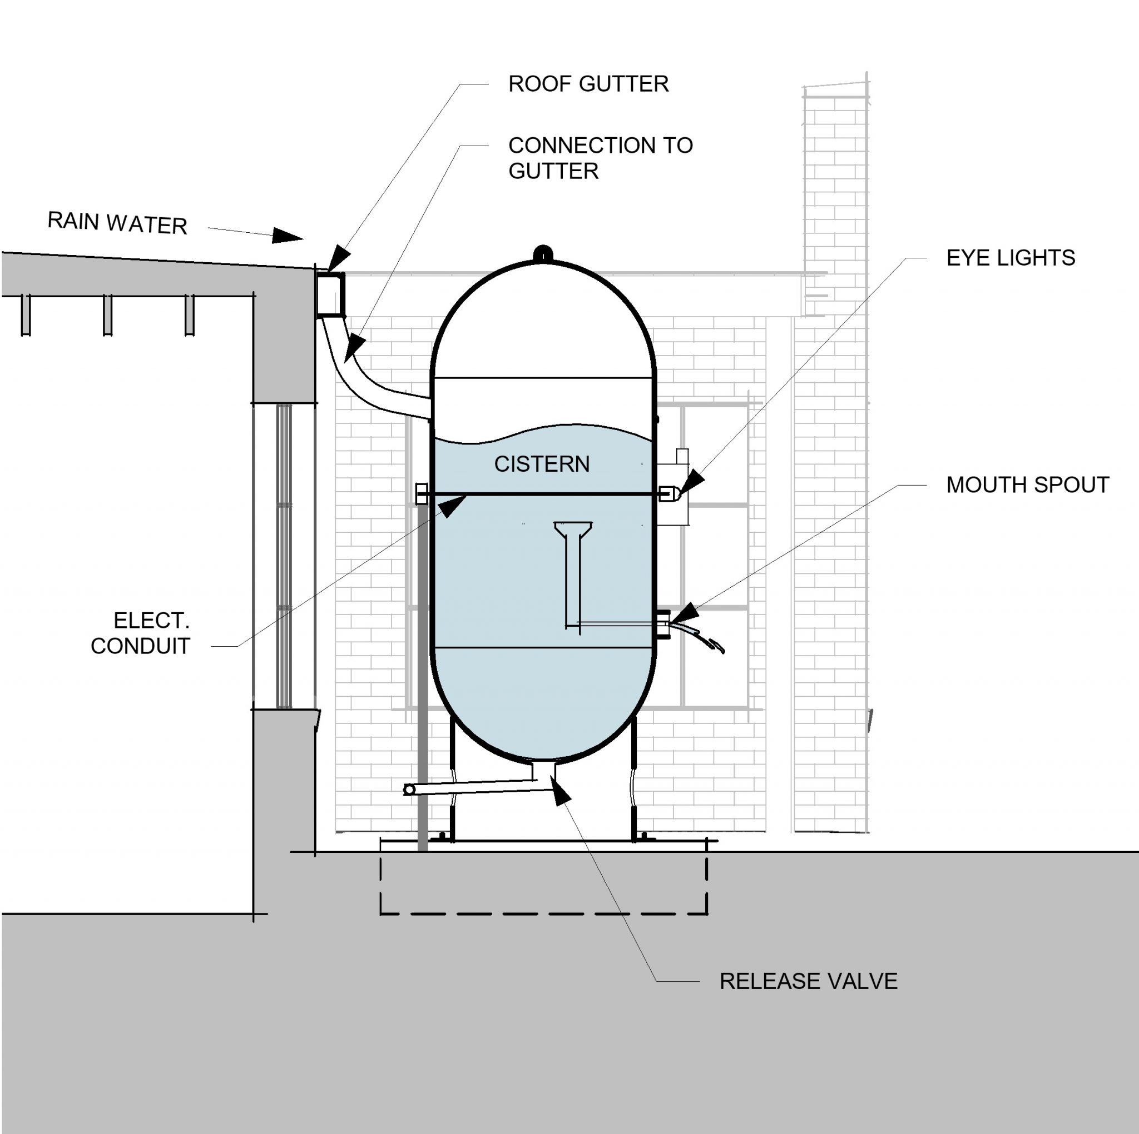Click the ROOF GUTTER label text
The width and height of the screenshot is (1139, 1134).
588,84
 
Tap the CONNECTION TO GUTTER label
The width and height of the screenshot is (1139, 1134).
600,158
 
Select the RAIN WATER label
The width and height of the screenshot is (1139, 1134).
117,223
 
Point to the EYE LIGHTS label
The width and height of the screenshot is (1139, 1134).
1011,258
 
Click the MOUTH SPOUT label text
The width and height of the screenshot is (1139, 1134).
1028,486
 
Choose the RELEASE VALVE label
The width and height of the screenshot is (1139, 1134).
808,981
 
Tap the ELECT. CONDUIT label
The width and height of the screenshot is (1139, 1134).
141,633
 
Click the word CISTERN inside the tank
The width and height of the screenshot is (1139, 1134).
542,464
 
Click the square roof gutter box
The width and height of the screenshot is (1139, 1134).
330,294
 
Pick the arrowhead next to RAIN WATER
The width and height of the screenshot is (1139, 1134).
288,236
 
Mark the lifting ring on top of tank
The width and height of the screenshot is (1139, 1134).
542,253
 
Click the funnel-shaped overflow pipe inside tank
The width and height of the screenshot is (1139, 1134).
573,566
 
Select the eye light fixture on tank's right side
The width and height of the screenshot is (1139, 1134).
667,493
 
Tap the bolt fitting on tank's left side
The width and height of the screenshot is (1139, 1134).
422,493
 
